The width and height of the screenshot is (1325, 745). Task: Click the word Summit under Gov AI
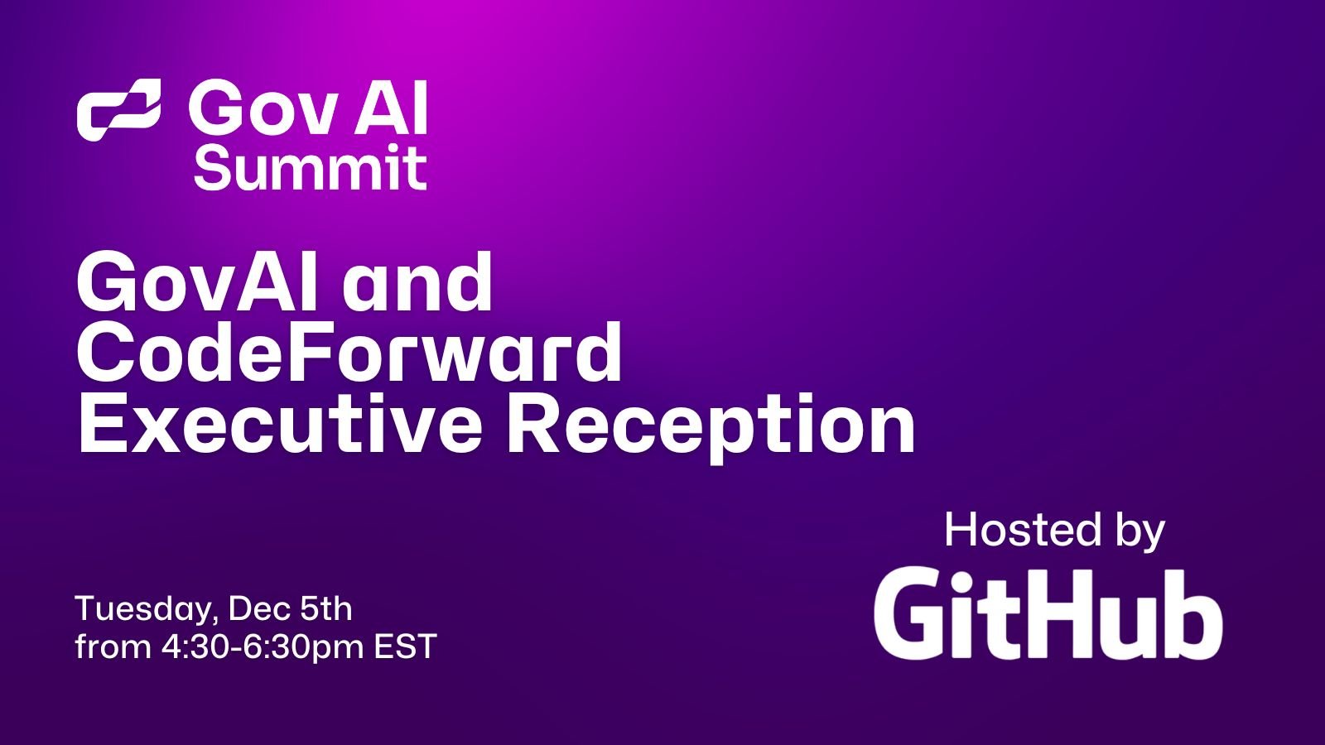(310, 168)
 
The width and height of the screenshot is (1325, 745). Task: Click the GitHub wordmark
(1048, 613)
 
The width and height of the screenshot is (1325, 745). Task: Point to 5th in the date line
(325, 608)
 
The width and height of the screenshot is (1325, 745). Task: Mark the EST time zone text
(405, 646)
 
